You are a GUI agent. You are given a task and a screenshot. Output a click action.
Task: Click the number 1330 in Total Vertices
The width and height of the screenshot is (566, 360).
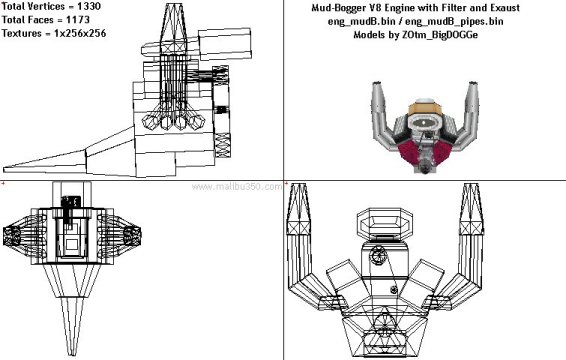click(89, 6)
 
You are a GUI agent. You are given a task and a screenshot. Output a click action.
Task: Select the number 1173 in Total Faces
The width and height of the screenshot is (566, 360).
click(78, 20)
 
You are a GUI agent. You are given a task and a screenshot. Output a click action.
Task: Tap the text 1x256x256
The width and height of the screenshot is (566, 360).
click(80, 33)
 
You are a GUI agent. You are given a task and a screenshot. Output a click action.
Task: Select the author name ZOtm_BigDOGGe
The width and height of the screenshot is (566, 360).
click(440, 35)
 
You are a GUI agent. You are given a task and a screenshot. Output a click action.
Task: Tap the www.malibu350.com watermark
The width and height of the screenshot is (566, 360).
click(237, 187)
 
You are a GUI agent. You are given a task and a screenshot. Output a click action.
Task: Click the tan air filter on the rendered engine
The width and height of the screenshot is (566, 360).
click(424, 108)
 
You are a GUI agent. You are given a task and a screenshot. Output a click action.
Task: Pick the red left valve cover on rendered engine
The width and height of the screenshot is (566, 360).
click(407, 153)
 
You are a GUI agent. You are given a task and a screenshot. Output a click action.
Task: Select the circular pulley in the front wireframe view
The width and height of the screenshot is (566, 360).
click(378, 256)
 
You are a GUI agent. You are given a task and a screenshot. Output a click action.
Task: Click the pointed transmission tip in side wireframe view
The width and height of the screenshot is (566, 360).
click(4, 169)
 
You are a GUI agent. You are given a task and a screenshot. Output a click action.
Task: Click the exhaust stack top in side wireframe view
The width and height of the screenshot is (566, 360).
click(173, 5)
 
